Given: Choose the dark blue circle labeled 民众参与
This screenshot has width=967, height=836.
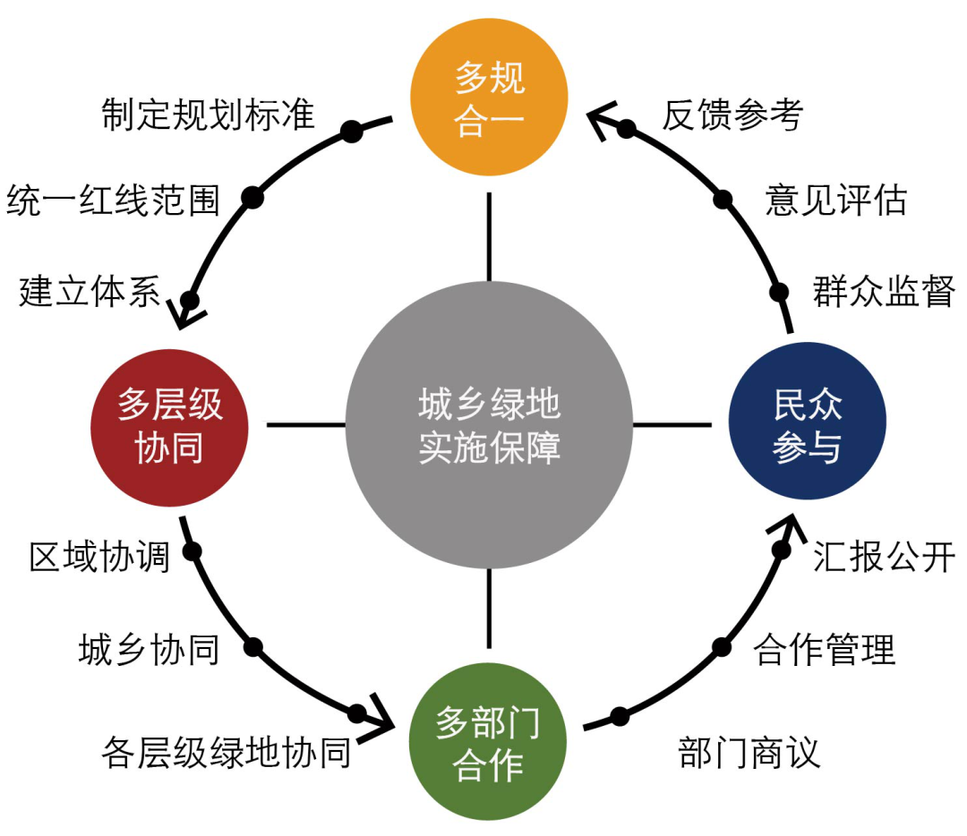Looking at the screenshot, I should click(x=808, y=424).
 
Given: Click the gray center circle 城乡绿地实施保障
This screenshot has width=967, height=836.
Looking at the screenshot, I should click(x=489, y=424).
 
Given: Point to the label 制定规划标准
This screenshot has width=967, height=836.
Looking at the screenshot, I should click(x=209, y=115).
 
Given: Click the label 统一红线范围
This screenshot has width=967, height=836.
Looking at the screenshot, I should click(x=114, y=200).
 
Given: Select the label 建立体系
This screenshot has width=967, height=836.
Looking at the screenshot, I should click(x=90, y=292).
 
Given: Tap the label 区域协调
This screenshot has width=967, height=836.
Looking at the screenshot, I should click(x=99, y=557).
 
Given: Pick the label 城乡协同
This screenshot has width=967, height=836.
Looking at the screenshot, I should click(x=149, y=650).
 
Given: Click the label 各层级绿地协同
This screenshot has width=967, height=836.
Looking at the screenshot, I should click(x=226, y=754).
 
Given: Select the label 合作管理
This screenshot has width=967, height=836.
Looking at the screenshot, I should click(x=824, y=650).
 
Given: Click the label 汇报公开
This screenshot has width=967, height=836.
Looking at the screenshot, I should click(x=884, y=557).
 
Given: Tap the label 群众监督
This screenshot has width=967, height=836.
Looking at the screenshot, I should click(x=884, y=292).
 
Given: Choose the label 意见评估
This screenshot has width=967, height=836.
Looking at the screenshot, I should click(x=835, y=200).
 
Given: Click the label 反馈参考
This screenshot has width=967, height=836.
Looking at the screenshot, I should click(x=732, y=115).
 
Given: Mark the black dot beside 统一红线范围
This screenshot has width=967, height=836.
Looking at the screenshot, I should click(x=253, y=199).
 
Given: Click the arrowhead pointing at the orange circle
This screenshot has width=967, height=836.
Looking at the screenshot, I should click(x=601, y=117).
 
